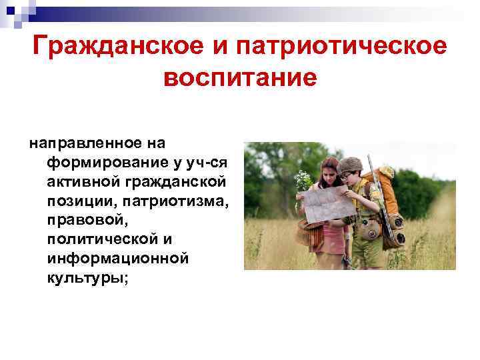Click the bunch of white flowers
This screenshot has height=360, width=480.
click(x=303, y=181)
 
